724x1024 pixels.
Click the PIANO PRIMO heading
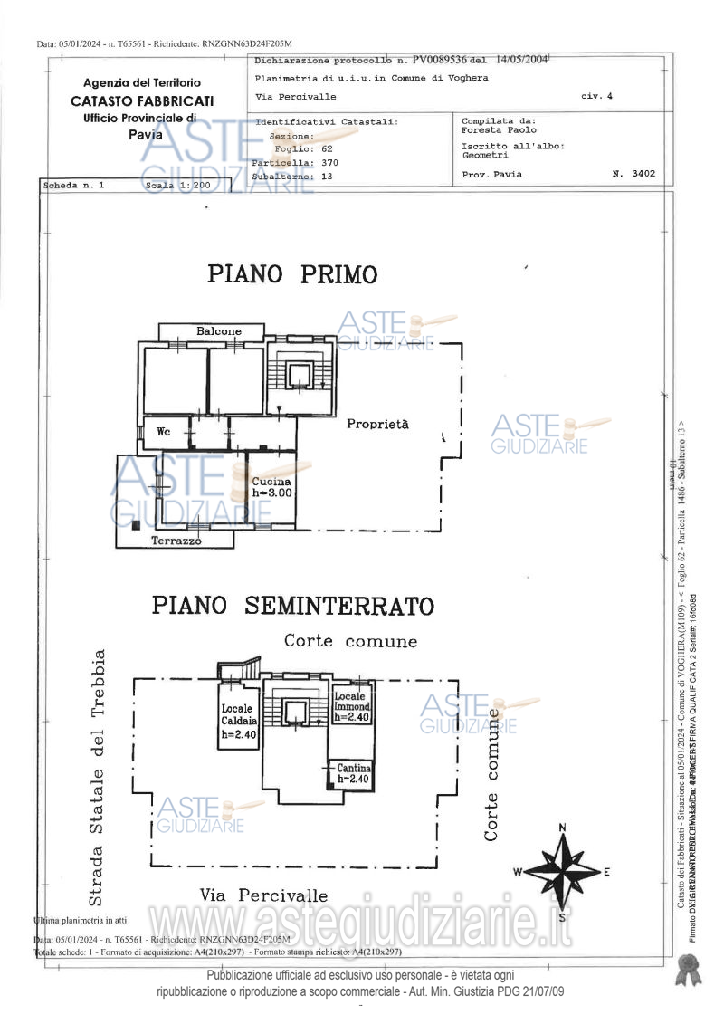[x=292, y=274]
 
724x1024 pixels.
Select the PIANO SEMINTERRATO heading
[x=292, y=605]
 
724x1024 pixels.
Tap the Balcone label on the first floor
[x=219, y=331]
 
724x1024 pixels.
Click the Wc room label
[x=164, y=432]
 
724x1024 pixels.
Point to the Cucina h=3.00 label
[x=271, y=488]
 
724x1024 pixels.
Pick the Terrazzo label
[x=176, y=541]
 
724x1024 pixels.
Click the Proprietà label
[x=378, y=424]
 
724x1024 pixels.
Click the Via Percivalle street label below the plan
[x=264, y=895]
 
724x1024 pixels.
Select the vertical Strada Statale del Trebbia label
[x=98, y=777]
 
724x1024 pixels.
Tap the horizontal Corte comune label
[x=351, y=641]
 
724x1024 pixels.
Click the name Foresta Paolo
[x=499, y=130]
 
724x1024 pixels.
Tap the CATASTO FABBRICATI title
[x=142, y=101]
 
